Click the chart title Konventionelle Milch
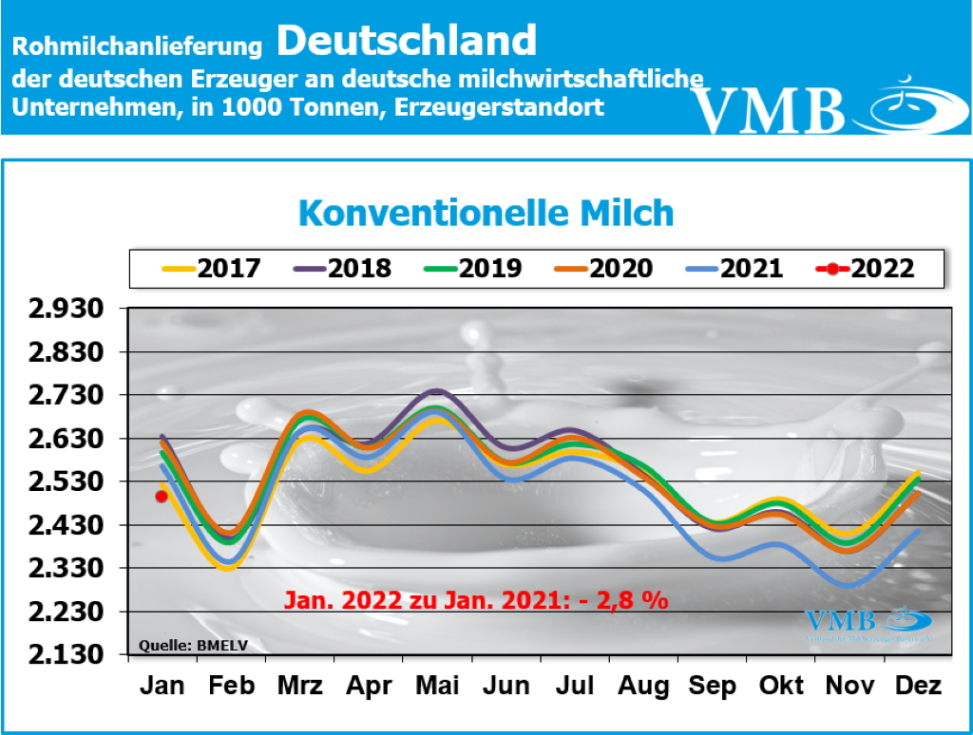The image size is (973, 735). pos(486,213)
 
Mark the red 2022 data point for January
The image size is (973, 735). pos(162,496)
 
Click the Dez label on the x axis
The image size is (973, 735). pos(919,686)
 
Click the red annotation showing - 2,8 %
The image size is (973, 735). pos(476,600)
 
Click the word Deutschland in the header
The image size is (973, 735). pos(408,40)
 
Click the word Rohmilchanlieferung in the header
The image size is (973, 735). pos(137,46)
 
